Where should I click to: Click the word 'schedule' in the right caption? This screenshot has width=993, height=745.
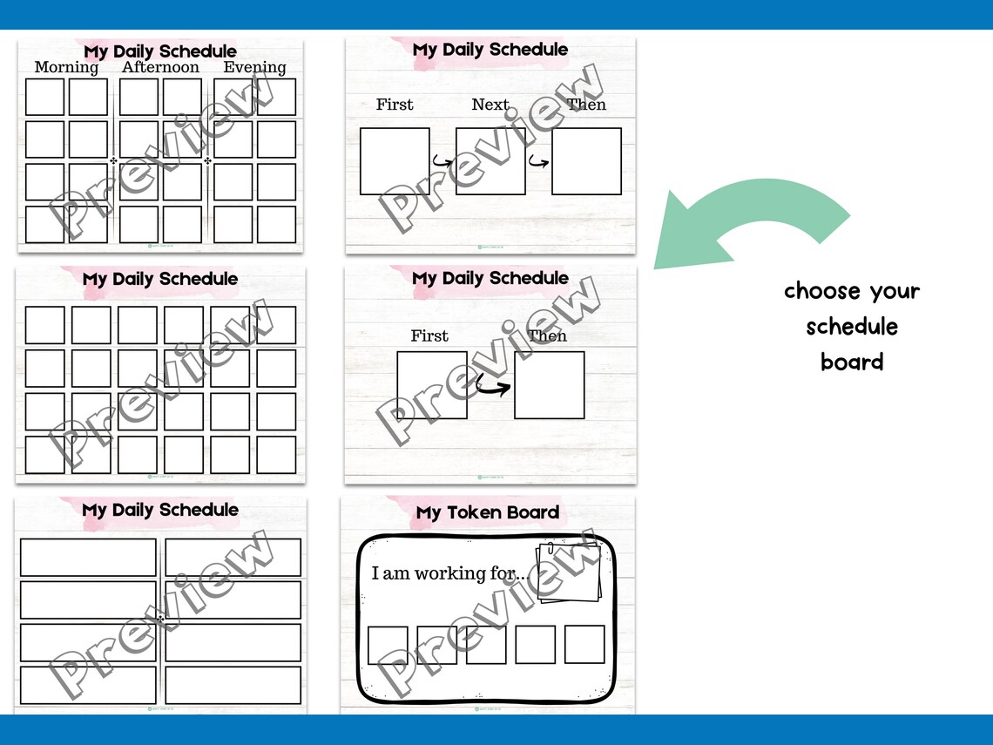(851, 327)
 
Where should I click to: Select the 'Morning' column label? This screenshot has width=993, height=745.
(66, 68)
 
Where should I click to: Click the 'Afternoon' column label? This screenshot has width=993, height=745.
(160, 68)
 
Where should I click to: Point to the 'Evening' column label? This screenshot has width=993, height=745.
(254, 68)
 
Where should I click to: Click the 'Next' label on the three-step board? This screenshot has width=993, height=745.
(490, 105)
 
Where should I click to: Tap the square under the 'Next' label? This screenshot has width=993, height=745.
(490, 161)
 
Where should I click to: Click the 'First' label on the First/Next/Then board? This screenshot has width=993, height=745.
(395, 105)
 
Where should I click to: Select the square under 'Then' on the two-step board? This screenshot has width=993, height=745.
(549, 385)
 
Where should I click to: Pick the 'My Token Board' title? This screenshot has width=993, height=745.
(487, 512)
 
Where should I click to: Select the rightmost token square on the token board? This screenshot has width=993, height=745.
(584, 644)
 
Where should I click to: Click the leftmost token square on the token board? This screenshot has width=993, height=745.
(388, 646)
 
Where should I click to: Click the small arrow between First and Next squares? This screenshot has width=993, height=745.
(442, 161)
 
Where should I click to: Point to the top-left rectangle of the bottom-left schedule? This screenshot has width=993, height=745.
(88, 558)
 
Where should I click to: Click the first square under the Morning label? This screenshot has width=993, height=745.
(44, 97)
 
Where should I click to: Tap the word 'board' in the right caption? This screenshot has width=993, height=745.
(851, 362)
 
